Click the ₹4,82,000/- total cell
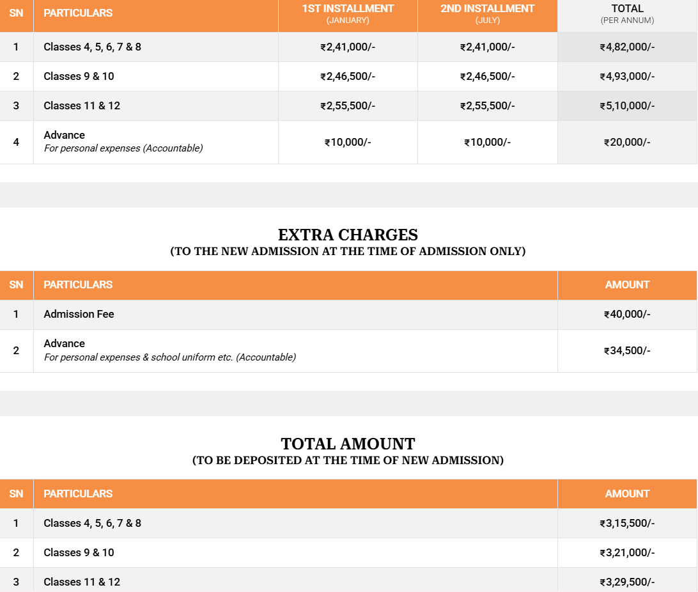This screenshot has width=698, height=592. pos(627,47)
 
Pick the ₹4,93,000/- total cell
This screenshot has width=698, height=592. pos(627,76)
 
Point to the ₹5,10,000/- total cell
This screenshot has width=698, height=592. pos(627,105)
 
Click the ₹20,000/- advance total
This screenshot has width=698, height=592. pos(627,142)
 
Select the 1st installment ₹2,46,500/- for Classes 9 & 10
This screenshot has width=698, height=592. pos(348,76)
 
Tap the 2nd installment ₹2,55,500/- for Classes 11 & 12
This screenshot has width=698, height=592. pos(487,105)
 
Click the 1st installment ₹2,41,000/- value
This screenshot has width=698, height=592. pos(348,47)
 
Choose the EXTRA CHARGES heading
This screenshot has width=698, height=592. pos(348,235)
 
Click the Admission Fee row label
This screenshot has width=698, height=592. pos(79,314)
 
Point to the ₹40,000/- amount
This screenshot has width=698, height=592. pos(627,314)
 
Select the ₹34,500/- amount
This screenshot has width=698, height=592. pos(627,350)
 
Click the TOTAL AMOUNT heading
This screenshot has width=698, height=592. pos(348,444)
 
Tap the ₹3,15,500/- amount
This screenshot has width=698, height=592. pos(627,523)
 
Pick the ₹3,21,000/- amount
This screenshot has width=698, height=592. pos(627,552)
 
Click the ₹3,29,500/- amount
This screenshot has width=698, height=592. pos(627,582)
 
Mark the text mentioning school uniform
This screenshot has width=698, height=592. pos(169,357)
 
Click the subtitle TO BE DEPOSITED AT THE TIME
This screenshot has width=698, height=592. pos(348,460)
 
